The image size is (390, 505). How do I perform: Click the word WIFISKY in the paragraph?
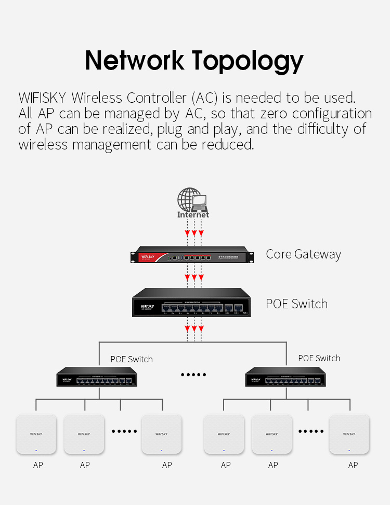(42, 98)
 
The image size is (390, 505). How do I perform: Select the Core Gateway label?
(303, 254)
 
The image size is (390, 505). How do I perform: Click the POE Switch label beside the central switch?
(296, 304)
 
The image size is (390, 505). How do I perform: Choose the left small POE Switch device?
(97, 377)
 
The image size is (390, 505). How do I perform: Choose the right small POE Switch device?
(285, 377)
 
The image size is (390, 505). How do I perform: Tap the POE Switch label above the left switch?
(132, 359)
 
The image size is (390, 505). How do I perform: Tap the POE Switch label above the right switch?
(319, 358)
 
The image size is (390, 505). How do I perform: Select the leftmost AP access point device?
(36, 433)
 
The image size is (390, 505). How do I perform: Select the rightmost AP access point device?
(349, 433)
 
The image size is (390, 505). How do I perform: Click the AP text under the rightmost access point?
(353, 465)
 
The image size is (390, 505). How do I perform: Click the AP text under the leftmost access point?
(38, 465)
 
